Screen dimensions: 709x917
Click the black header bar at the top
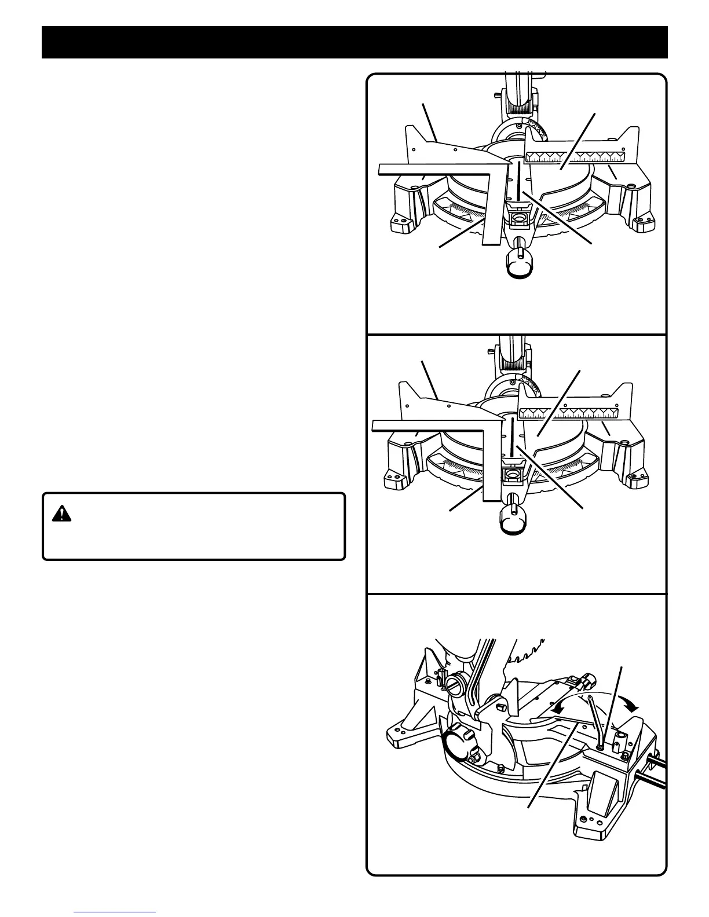[x=355, y=42]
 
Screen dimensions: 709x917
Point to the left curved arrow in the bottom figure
[x=559, y=707]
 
